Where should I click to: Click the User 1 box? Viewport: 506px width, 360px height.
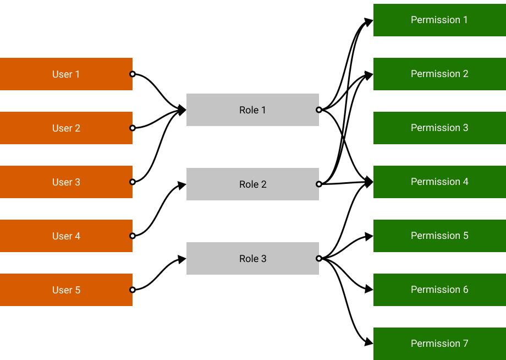66,74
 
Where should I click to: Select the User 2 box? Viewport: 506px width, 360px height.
66,128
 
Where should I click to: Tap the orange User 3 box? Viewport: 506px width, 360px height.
66,182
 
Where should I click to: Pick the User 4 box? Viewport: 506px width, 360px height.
66,236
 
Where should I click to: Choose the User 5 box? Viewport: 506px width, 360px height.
66,290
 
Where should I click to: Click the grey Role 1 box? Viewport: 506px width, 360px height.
252,110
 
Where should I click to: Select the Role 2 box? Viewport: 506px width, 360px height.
252,184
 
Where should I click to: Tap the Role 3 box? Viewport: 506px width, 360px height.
252,258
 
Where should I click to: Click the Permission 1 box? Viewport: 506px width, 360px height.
439,20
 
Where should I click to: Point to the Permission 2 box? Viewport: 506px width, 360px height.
439,74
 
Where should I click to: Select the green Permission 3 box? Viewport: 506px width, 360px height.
439,128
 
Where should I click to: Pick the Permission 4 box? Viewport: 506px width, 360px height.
439,182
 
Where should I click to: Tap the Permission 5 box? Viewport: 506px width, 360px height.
439,236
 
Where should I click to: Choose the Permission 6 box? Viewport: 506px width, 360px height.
439,290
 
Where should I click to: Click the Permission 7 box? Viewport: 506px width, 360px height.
439,343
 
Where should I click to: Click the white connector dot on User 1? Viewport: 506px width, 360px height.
132,74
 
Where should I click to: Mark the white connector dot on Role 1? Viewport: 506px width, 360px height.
318,110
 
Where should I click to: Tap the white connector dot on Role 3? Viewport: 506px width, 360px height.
318,258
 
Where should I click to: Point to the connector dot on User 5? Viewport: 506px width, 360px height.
132,290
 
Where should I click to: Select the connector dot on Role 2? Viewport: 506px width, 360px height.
318,184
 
